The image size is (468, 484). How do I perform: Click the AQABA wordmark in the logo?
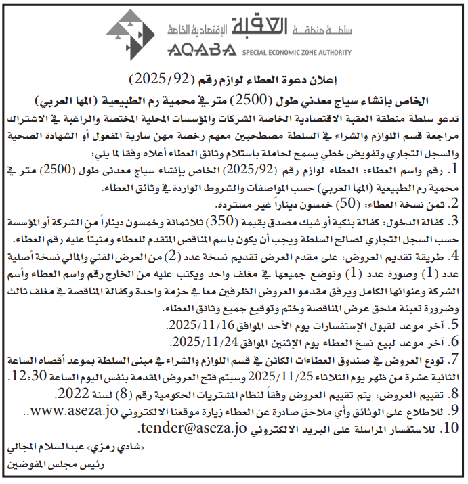click(x=192, y=49)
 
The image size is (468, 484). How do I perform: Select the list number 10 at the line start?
click(x=451, y=428)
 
